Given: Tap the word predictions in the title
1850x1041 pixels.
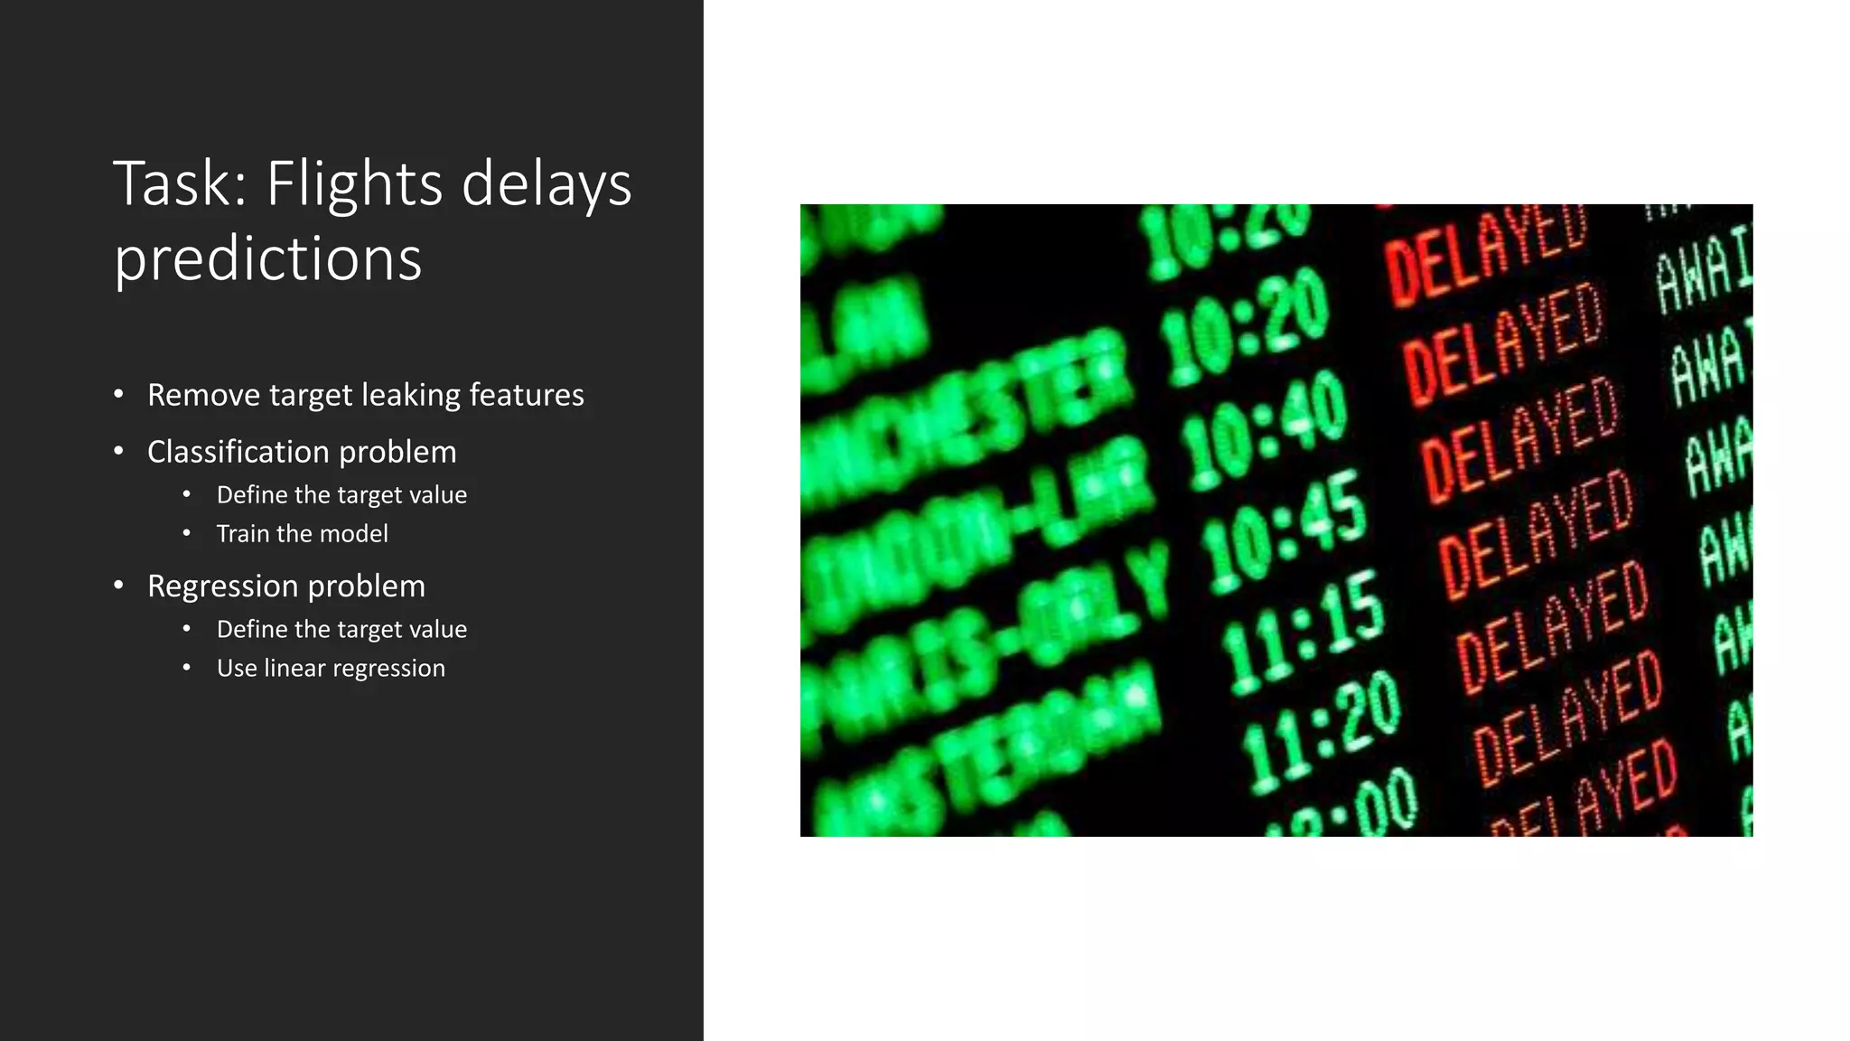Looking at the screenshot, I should point(267,259).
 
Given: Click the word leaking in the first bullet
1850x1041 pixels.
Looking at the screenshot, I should point(411,396).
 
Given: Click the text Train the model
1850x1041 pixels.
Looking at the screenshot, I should point(302,534).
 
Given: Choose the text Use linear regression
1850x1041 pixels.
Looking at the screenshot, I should point(331,669).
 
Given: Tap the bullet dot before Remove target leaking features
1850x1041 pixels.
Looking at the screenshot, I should point(118,394).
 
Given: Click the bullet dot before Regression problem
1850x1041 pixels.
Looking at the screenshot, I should point(118,586).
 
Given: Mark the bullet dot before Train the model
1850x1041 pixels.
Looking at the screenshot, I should point(187,533).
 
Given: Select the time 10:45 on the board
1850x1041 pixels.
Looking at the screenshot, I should point(1285,529).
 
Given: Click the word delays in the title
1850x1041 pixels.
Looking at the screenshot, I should point(547,184).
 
